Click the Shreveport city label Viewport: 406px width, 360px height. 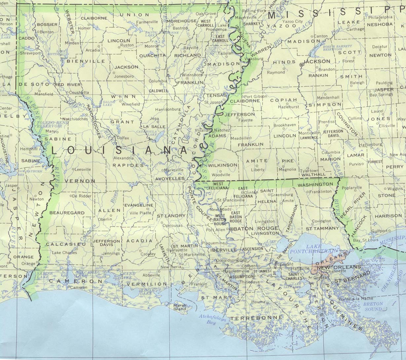tap(31, 53)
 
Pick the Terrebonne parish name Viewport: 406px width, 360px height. tap(256, 318)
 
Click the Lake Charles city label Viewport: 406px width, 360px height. tap(64, 253)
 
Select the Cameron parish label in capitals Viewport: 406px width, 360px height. tap(76, 281)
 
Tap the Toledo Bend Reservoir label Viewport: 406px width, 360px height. tap(49, 124)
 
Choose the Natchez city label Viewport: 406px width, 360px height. tap(223, 130)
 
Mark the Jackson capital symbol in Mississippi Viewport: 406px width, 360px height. tap(301, 65)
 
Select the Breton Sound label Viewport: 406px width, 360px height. tap(373, 306)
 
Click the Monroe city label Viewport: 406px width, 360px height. tap(152, 46)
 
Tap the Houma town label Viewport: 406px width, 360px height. tap(258, 302)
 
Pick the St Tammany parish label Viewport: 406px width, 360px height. tap(322, 228)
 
